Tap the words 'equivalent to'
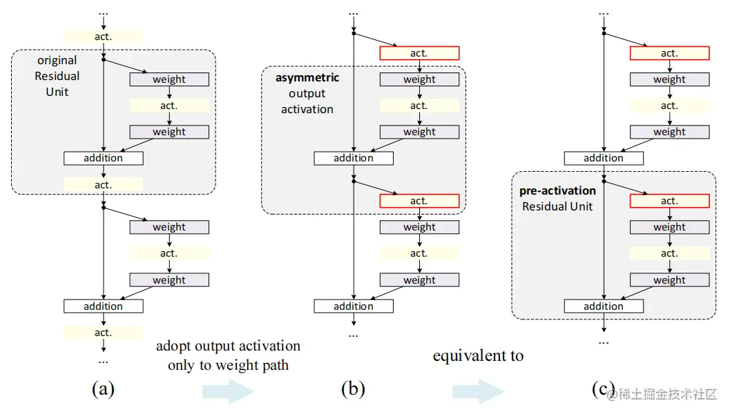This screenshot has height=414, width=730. tap(478, 356)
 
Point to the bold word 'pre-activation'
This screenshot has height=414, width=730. tap(557, 190)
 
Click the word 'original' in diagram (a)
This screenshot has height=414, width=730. tap(57, 61)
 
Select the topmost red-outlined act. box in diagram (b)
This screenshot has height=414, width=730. tap(419, 53)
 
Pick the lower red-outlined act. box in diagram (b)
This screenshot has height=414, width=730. tap(419, 201)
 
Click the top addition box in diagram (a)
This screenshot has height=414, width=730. tap(103, 158)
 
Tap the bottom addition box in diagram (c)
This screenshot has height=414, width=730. tap(603, 306)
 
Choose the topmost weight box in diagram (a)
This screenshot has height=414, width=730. tap(169, 79)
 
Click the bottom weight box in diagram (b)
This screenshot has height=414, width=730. tap(419, 280)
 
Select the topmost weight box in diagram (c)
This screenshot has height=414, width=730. tap(669, 79)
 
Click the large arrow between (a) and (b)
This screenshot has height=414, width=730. tap(229, 392)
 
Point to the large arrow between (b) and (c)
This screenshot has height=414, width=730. tap(479, 392)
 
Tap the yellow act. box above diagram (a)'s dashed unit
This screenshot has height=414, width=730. tap(103, 37)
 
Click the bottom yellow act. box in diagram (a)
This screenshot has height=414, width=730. tap(103, 333)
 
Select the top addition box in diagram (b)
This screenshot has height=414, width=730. tap(353, 158)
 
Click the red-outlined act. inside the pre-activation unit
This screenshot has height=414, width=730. tap(669, 201)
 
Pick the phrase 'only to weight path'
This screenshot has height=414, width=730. tap(228, 365)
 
